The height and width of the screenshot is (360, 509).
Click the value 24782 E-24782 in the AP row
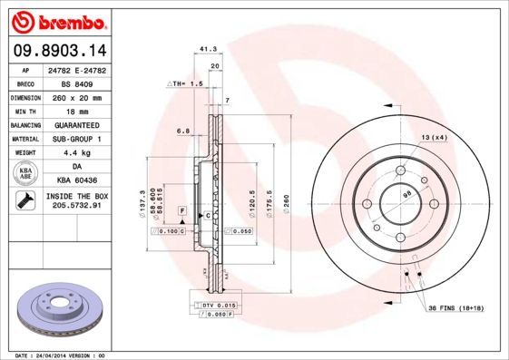pyautogui.click(x=75, y=69)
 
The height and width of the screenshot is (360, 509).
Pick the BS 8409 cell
pyautogui.click(x=75, y=83)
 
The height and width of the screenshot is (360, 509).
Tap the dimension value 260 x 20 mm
pyautogui.click(x=75, y=96)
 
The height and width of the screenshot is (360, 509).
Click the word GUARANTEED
pyautogui.click(x=75, y=124)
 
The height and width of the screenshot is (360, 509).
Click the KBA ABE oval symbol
pyautogui.click(x=24, y=174)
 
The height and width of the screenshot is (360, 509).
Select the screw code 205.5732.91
pyautogui.click(x=75, y=206)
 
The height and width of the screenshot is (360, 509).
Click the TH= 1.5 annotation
pyautogui.click(x=184, y=83)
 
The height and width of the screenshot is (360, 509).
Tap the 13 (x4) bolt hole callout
pyautogui.click(x=434, y=137)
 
